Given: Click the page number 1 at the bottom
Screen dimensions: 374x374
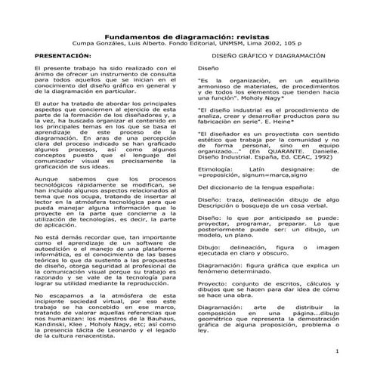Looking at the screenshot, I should click(x=357, y=353).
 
